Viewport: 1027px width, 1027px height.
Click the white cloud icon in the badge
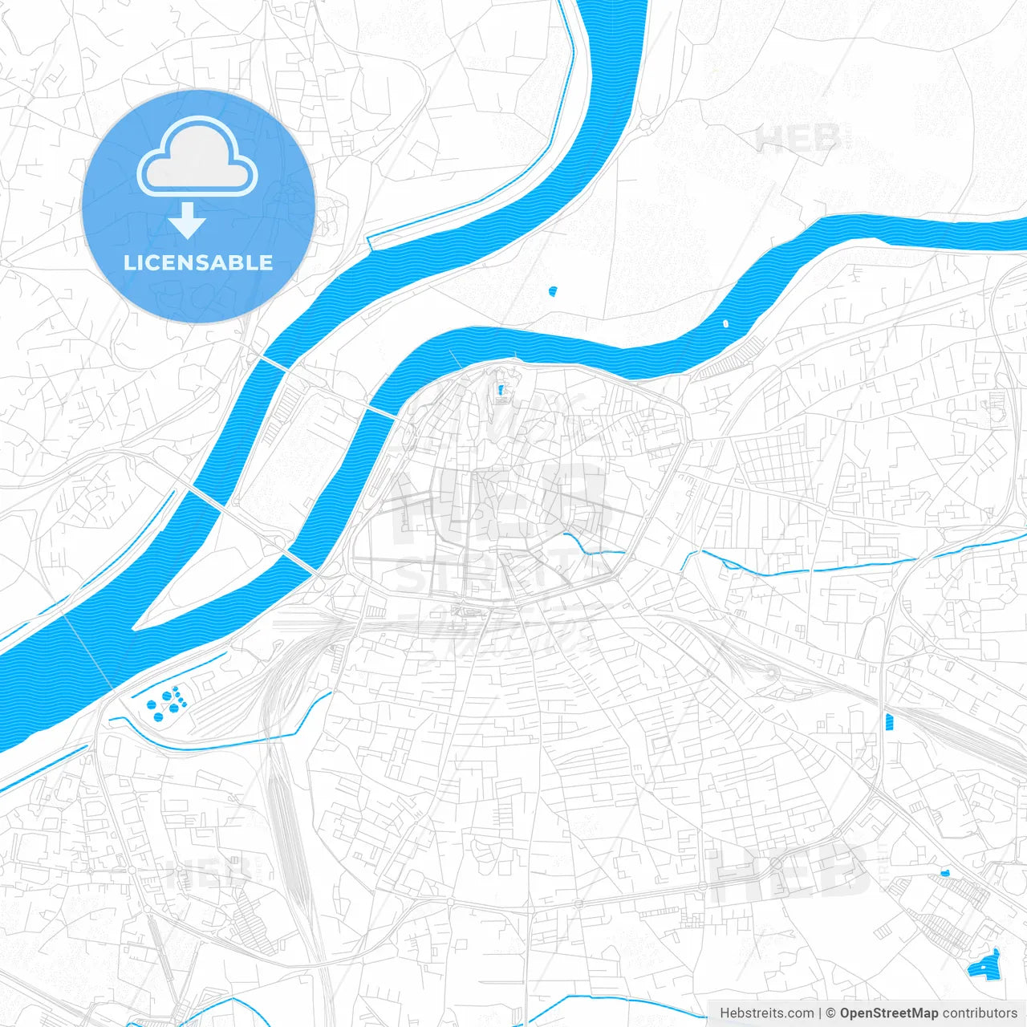pos(197,156)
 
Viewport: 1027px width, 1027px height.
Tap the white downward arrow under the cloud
pos(187,221)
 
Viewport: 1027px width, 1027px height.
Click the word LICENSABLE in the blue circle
pos(197,262)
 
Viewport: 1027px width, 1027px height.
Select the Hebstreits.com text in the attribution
pos(767,1013)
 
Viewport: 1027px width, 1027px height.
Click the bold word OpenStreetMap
pos(889,1013)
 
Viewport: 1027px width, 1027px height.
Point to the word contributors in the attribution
pos(980,1013)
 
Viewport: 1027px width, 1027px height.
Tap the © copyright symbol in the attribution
pos(831,1013)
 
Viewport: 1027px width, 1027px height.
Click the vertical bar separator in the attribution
pos(820,1013)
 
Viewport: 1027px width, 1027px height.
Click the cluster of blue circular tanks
pos(167,703)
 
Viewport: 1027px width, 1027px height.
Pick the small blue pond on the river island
pos(553,290)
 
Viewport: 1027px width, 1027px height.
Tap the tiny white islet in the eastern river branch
pos(726,324)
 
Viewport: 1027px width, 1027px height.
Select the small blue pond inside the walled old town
pos(502,392)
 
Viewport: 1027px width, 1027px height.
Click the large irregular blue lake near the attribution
pos(984,965)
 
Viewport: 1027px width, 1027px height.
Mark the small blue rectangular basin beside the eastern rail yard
pos(888,721)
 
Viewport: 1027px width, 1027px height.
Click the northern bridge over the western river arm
pos(274,363)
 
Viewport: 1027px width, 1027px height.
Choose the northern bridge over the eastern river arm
pos(380,412)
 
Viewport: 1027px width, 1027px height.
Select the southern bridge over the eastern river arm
pos(300,562)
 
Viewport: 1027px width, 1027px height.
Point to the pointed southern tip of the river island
pos(136,627)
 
